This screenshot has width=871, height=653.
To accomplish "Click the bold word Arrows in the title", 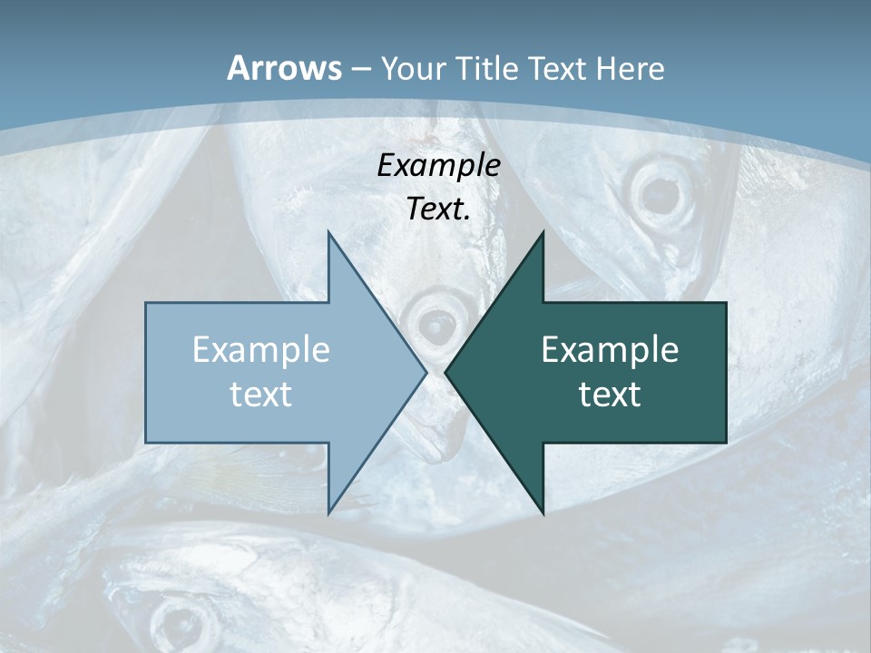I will pos(283,68).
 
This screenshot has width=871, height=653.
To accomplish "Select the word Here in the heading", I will pos(631,68).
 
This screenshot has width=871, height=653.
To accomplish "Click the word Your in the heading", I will pos(414,68).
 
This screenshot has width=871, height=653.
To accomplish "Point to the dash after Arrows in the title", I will pos(359,70).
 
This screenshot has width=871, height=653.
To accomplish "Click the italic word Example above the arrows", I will pos(438,165).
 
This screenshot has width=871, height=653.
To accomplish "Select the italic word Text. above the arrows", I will pos(438,209).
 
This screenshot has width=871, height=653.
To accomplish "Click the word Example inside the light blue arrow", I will pos(261,350).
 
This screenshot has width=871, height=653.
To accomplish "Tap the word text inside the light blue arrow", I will pos(261,394).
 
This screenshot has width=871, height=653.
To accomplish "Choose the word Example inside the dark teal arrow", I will pos(610,350).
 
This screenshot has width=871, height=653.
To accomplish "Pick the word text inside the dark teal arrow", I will pos(610,394).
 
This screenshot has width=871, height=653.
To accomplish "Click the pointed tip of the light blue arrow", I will pos(426,372).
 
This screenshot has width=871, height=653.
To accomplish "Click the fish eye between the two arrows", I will pos(436,323).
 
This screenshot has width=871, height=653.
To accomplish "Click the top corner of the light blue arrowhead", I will pos(328,233).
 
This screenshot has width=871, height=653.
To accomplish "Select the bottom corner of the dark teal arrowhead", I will pos(543,513).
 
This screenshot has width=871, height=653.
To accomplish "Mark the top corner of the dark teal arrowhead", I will pos(543,233).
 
